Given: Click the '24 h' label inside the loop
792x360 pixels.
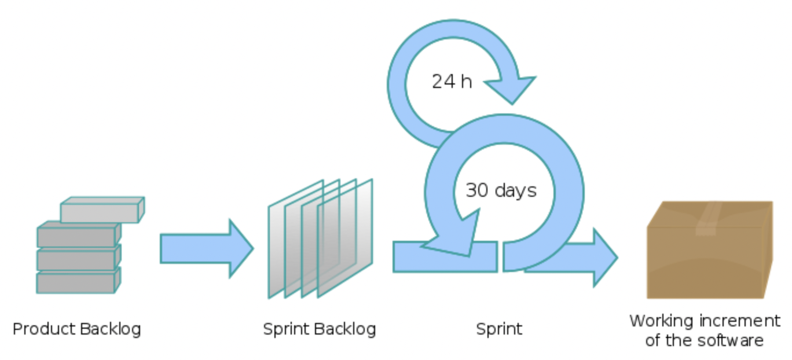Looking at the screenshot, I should pyautogui.click(x=452, y=82).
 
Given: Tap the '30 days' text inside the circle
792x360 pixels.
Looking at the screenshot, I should pyautogui.click(x=501, y=190).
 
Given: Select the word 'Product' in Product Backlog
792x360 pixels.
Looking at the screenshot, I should pyautogui.click(x=44, y=329).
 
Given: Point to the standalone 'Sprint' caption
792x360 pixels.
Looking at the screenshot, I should pyautogui.click(x=499, y=329).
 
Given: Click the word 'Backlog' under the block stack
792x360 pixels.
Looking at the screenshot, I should pyautogui.click(x=110, y=329).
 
